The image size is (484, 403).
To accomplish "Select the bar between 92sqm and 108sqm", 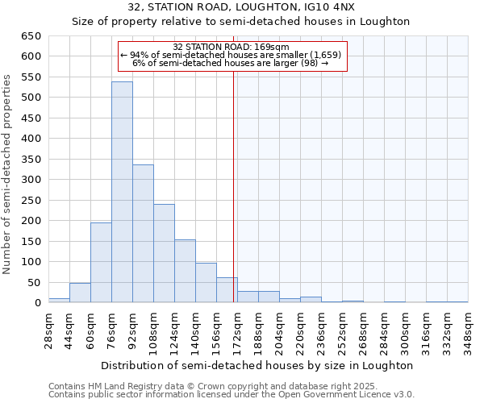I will (143, 234).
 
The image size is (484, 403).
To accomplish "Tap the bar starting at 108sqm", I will (164, 253).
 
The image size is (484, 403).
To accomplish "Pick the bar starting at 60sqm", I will (101, 263).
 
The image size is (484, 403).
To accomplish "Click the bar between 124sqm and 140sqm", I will (185, 271).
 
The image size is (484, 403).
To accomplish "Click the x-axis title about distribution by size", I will (257, 365).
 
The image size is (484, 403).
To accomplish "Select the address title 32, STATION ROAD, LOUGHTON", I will (241, 7).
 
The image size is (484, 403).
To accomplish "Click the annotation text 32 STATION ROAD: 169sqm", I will (231, 47).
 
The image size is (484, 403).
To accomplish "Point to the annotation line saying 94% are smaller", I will (231, 55).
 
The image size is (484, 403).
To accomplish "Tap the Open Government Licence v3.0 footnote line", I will (232, 395).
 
